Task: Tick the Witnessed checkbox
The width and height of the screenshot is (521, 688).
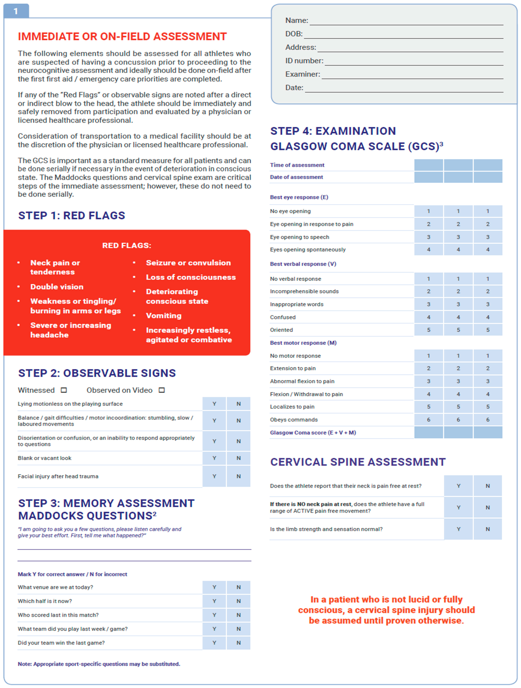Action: [x=64, y=390]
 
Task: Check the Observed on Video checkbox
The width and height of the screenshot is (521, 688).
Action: [x=161, y=390]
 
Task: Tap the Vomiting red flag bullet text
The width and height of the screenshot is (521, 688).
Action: [x=164, y=316]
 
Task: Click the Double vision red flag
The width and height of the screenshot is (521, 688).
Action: [x=57, y=287]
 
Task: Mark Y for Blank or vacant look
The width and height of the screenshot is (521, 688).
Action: [x=214, y=458]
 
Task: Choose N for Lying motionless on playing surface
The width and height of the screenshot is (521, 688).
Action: [x=238, y=404]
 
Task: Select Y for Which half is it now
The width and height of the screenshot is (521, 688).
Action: [x=214, y=601]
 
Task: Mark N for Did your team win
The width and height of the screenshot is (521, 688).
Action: [x=238, y=643]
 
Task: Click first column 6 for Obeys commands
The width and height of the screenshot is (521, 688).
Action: [x=428, y=420]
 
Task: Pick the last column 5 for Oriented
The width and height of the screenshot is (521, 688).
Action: [x=487, y=330]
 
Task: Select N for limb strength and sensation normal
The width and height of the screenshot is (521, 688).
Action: [x=487, y=529]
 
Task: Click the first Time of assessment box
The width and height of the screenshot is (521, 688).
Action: [x=428, y=165]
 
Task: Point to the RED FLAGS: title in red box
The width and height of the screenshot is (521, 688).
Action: [x=127, y=245]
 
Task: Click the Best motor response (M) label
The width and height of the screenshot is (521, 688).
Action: [x=303, y=343]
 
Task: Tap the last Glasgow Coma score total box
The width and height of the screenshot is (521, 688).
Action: [x=487, y=432]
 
